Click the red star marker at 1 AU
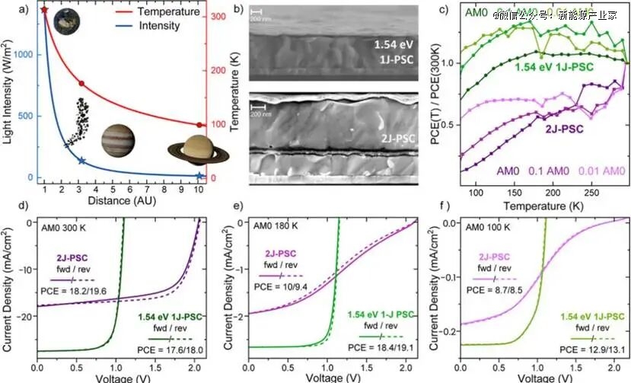click(45, 10)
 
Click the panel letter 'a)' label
click(10, 9)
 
